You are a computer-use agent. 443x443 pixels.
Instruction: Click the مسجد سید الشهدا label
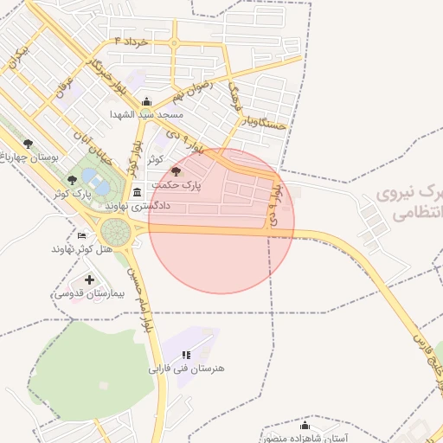coord(146,114)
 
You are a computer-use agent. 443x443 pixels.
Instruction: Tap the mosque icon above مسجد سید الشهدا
coord(145,101)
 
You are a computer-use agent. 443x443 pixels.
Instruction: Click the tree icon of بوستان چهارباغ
coord(29,144)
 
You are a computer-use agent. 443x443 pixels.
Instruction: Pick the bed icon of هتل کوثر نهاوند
coord(82,235)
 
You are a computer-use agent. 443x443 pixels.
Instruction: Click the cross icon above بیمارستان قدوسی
coord(90,279)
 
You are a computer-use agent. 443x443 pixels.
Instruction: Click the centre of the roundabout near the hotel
coord(114,231)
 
